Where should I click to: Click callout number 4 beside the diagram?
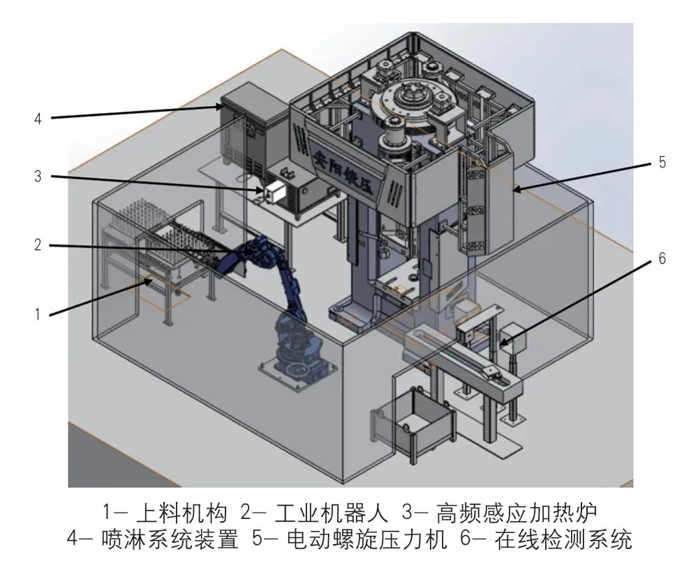pos(38,119)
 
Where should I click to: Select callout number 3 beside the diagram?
pos(38,176)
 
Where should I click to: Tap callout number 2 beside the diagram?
pos(38,245)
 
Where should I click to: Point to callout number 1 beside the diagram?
pos(38,314)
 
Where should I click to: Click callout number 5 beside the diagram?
pos(662,163)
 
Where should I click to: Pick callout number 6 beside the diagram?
pos(662,258)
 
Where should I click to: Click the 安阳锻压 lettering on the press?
pos(343,166)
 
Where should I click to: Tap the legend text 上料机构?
pos(178,514)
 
